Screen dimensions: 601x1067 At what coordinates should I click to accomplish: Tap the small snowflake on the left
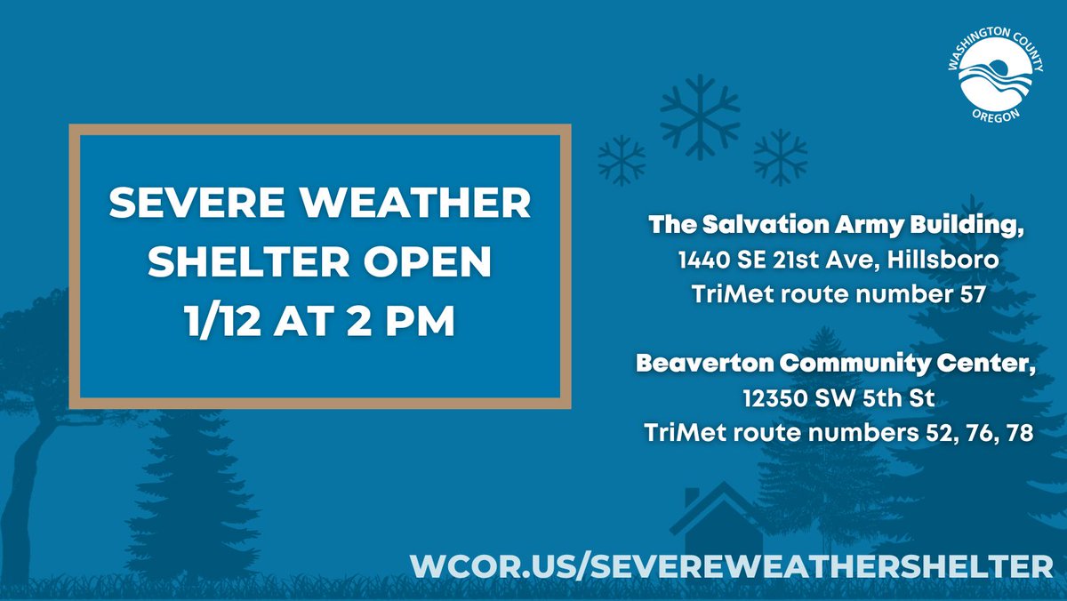coord(622,160)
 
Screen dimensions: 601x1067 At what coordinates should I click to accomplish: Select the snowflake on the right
coord(780,156)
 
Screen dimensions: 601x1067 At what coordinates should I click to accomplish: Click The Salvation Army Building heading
coord(833,226)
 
